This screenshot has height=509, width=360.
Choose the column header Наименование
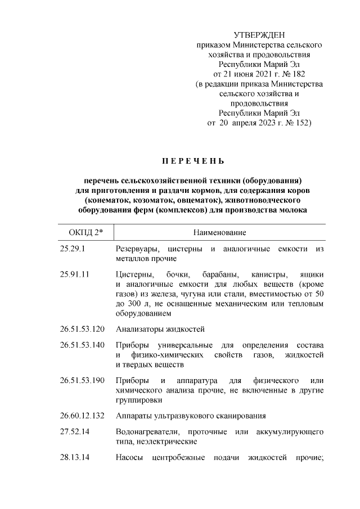click(x=220, y=232)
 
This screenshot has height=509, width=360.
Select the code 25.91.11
click(x=75, y=274)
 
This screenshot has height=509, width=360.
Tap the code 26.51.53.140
click(x=83, y=344)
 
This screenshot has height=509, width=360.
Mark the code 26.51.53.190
click(x=83, y=380)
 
